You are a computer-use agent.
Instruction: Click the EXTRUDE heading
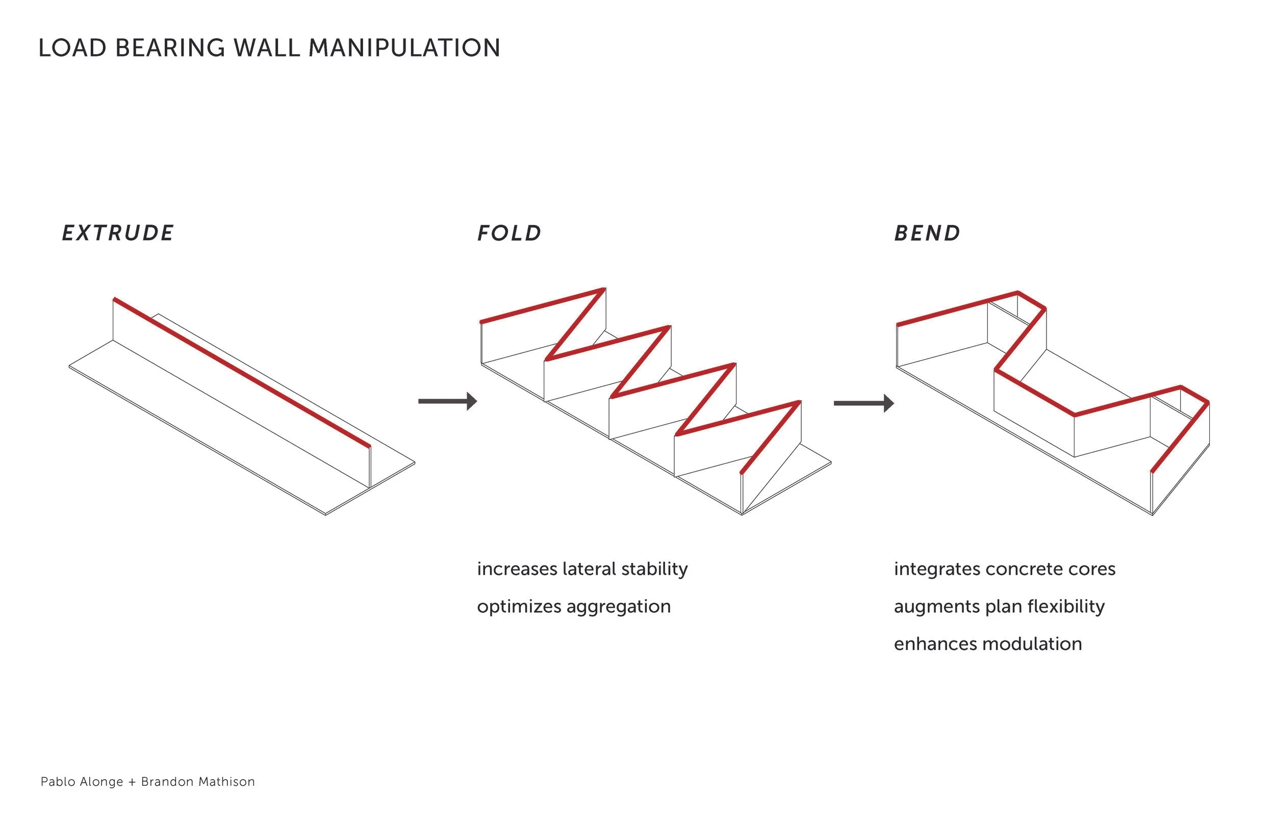point(118,233)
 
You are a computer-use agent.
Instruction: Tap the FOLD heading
point(509,233)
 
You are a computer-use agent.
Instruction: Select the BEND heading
point(927,233)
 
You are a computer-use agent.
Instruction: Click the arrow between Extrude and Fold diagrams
point(447,401)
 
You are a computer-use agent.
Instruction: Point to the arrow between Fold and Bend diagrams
point(863,403)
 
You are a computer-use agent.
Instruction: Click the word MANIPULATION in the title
point(404,48)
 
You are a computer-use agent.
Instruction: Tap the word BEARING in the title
point(170,48)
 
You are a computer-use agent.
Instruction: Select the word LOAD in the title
point(72,48)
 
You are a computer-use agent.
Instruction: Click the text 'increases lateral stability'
point(582,569)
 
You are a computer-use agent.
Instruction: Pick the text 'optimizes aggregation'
point(573,606)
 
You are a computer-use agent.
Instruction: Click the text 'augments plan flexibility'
point(999,606)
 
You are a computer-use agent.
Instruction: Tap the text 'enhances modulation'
point(987,643)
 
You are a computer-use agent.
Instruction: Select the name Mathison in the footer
point(226,782)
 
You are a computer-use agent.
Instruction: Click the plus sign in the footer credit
point(132,782)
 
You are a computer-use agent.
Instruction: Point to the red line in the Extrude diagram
point(241,372)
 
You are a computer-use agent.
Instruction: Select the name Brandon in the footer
point(166,782)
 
